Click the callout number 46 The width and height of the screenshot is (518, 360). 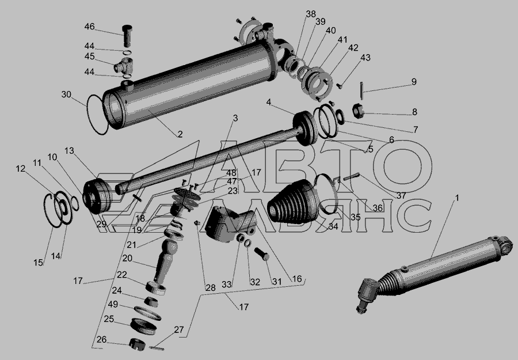click(x=89, y=26)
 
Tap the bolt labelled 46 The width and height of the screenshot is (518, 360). click(x=127, y=36)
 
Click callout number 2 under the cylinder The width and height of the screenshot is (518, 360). click(x=180, y=134)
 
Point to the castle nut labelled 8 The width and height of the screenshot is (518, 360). click(x=358, y=111)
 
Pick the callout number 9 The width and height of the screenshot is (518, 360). click(x=414, y=82)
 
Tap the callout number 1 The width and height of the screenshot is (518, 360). click(x=457, y=198)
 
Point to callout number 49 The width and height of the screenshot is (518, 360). click(x=113, y=304)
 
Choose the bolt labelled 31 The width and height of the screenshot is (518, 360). click(x=262, y=254)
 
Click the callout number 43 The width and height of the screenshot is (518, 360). click(x=365, y=58)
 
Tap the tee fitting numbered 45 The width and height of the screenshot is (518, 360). click(x=124, y=66)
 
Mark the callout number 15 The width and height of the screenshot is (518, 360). click(x=39, y=263)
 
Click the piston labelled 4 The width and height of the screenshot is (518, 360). click(x=305, y=128)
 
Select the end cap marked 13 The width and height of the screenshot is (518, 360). click(x=98, y=196)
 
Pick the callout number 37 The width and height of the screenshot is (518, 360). click(x=401, y=196)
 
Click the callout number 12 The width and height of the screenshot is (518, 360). click(x=21, y=169)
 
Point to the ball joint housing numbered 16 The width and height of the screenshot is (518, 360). click(x=231, y=224)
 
